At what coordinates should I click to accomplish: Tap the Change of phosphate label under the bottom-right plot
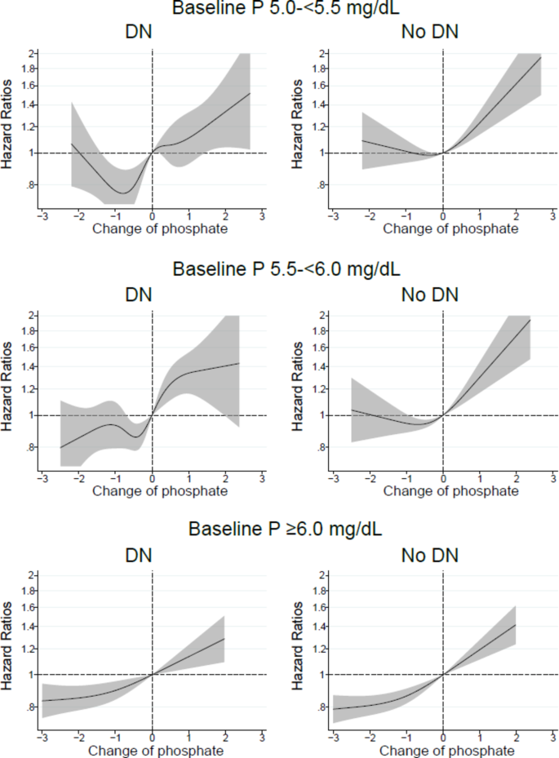450,751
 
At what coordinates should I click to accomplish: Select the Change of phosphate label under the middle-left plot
160,491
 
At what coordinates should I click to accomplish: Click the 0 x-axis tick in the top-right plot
443,217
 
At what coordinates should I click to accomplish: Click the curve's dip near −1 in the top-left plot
123,193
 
